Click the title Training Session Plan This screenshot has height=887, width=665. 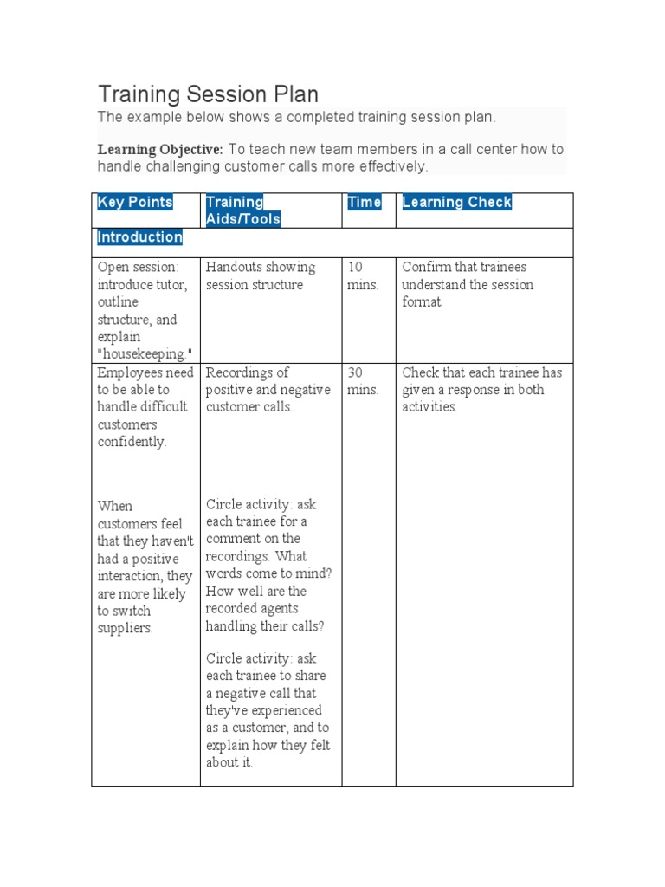[x=208, y=94]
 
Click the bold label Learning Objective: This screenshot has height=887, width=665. [x=160, y=149]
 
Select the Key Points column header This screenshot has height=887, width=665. [x=135, y=203]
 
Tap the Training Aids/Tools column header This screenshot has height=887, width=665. [x=243, y=210]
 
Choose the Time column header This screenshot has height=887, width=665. [x=365, y=203]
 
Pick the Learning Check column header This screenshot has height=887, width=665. [x=456, y=203]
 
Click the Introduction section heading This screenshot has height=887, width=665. [x=139, y=237]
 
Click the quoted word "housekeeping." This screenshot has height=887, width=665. [x=144, y=354]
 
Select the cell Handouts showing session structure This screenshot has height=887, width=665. [x=261, y=276]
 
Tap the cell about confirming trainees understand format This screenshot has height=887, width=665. [x=468, y=285]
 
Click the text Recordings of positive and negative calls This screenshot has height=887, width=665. [x=268, y=390]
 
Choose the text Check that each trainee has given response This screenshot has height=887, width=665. [x=481, y=390]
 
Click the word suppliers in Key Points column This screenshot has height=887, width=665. [x=125, y=629]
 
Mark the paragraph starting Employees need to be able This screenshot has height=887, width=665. [x=145, y=407]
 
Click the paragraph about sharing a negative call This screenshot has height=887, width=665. [x=268, y=710]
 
